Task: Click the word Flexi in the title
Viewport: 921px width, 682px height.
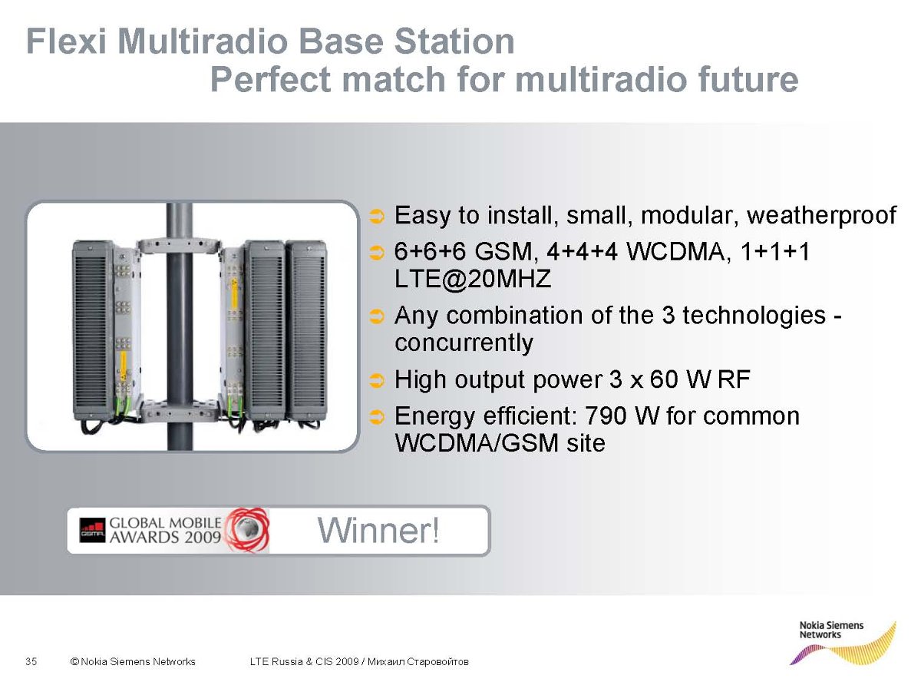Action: tap(65, 41)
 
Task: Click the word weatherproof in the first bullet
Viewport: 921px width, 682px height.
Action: tap(821, 216)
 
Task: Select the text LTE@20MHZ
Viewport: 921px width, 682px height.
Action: tap(473, 278)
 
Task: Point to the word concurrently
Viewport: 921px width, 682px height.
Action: tap(464, 343)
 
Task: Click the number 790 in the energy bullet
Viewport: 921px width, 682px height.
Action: tap(605, 415)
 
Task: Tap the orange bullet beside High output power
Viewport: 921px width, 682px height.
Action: tap(377, 380)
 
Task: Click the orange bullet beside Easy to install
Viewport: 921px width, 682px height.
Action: tap(377, 217)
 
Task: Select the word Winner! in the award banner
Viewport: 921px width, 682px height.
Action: tap(378, 530)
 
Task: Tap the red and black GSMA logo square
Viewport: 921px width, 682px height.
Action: tap(92, 530)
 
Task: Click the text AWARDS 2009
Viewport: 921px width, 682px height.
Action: tap(165, 537)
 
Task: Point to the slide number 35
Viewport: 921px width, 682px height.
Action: tap(31, 661)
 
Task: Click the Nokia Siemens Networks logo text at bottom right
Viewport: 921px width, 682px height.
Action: tap(831, 630)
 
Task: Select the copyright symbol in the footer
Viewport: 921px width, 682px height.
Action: tap(74, 661)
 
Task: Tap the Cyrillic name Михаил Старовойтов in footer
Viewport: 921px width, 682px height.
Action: tap(418, 661)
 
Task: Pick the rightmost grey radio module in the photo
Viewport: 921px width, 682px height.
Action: tap(306, 331)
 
